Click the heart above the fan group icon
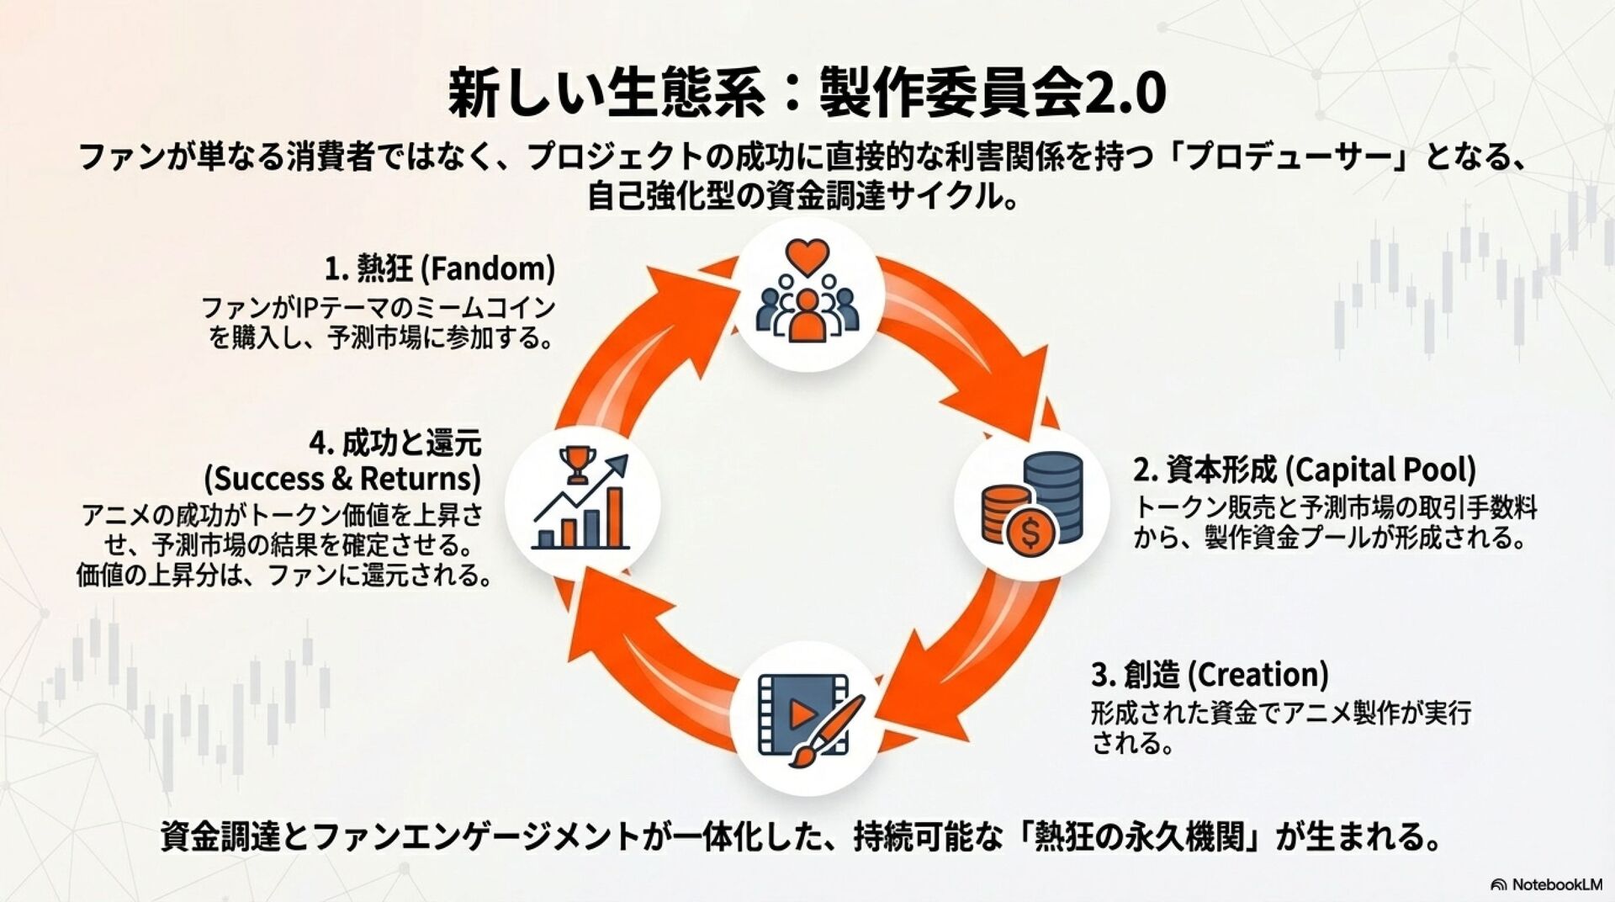click(807, 256)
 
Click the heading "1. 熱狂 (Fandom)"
click(440, 269)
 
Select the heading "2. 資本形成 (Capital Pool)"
click(1304, 470)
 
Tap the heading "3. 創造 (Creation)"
click(1210, 675)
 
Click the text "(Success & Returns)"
click(342, 479)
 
